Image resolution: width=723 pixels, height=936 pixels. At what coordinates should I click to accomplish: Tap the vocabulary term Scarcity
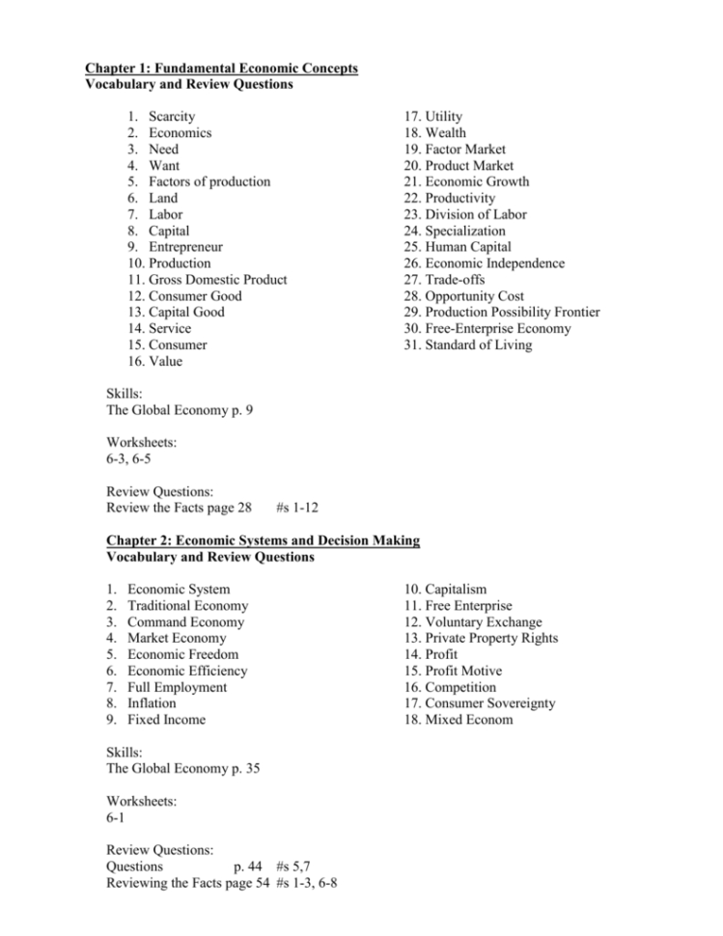pos(172,117)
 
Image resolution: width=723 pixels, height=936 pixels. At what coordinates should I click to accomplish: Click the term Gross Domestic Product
pos(217,280)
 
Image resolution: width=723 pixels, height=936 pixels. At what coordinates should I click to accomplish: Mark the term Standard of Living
pos(471,344)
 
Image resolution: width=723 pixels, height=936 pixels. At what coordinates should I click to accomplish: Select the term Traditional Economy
pos(187,606)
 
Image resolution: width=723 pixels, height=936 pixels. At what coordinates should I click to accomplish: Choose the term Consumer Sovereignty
pos(478,703)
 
